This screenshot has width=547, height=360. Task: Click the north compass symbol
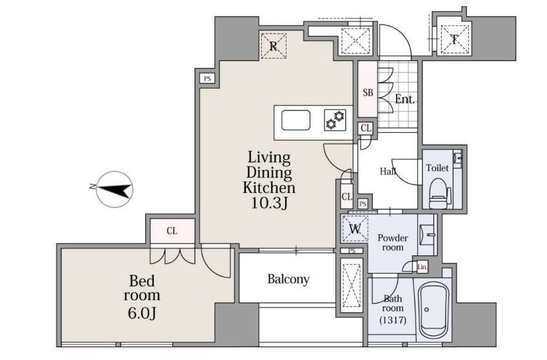(114, 190)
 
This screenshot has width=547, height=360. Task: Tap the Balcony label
(288, 279)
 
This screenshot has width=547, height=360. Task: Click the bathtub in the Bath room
(432, 310)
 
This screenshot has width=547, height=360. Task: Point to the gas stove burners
(335, 119)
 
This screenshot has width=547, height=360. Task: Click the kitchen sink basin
(295, 120)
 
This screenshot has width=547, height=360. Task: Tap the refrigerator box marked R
(273, 46)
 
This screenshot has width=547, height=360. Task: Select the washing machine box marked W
(355, 229)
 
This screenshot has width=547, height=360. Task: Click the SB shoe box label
(368, 93)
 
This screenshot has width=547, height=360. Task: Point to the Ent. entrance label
(404, 99)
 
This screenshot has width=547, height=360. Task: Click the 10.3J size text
(270, 203)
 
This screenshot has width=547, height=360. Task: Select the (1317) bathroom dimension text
(392, 320)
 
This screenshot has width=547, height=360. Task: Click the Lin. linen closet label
(422, 267)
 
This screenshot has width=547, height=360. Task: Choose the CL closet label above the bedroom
(172, 230)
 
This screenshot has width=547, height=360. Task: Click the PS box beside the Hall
(363, 204)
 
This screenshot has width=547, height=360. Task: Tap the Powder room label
(392, 243)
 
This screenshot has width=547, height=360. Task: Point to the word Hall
(388, 171)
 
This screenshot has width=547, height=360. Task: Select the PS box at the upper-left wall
(208, 79)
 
